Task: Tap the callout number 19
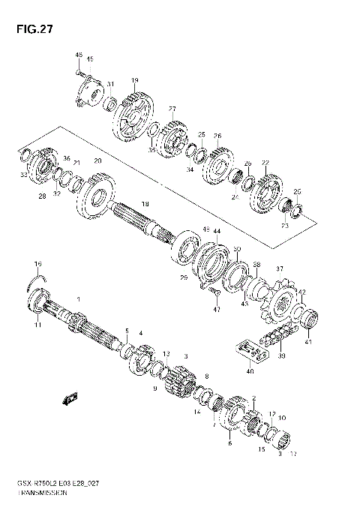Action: (135, 80)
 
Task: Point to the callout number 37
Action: (279, 269)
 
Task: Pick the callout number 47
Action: (217, 309)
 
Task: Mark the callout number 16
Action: (38, 264)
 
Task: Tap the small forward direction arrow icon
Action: (70, 397)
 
